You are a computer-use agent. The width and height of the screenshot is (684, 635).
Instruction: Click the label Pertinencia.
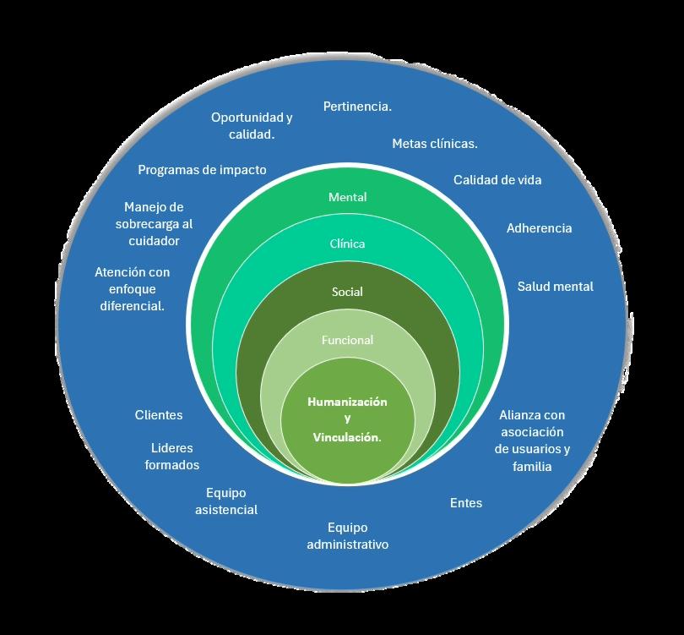pos(357,107)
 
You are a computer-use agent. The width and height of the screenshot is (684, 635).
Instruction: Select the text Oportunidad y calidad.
pos(252,125)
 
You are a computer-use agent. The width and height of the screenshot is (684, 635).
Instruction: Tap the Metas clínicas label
pos(434,144)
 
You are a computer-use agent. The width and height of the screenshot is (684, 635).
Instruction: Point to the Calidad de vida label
pos(497,180)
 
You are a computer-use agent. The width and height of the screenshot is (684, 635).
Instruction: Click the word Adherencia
pos(539,228)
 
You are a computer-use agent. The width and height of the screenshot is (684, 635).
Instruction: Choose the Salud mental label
pos(555,287)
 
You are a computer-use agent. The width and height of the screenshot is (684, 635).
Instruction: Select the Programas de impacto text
pos(202,170)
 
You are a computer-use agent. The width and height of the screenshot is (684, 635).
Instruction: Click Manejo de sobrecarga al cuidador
pos(153,224)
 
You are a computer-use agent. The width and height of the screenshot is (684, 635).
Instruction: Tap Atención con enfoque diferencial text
pos(132,289)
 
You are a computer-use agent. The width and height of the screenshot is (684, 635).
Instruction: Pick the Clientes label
pos(159,415)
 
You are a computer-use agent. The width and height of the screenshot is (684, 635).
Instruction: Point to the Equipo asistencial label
pos(226,501)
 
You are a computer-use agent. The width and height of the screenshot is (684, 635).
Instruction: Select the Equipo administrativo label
pos(347,536)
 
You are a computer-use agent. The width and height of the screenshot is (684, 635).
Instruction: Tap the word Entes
pos(466,503)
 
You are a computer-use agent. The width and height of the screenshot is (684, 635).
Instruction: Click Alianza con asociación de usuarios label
pos(532,441)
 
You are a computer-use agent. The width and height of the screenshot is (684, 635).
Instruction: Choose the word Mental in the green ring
pos(347,197)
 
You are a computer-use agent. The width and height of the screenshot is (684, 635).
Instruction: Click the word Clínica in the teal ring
pos(347,244)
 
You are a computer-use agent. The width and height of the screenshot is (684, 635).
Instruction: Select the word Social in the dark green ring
pos(347,292)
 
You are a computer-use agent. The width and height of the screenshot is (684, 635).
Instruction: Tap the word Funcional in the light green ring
pos(347,340)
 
